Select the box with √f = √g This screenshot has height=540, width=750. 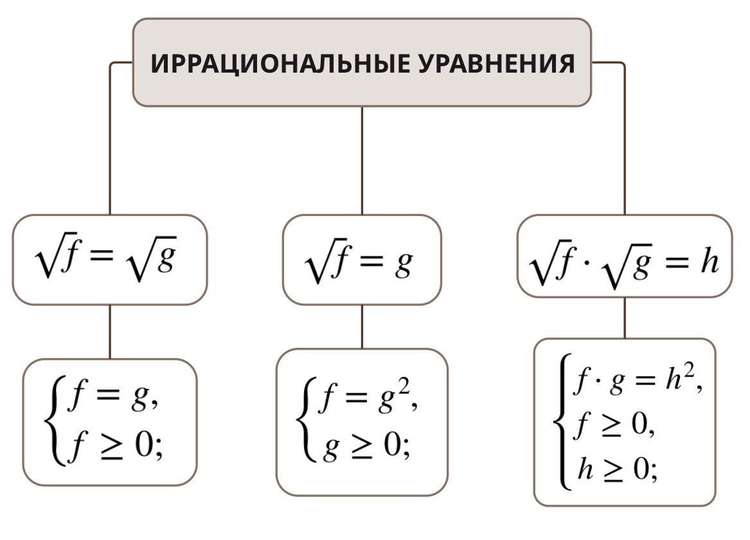click(110, 260)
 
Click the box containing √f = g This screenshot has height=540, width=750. click(362, 260)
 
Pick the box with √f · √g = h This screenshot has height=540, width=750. click(624, 256)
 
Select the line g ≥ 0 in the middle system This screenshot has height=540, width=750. click(360, 443)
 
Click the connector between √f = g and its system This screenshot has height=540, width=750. click(362, 327)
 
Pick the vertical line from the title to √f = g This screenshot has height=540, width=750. click(362, 161)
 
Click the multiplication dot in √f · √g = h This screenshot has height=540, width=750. click(585, 264)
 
